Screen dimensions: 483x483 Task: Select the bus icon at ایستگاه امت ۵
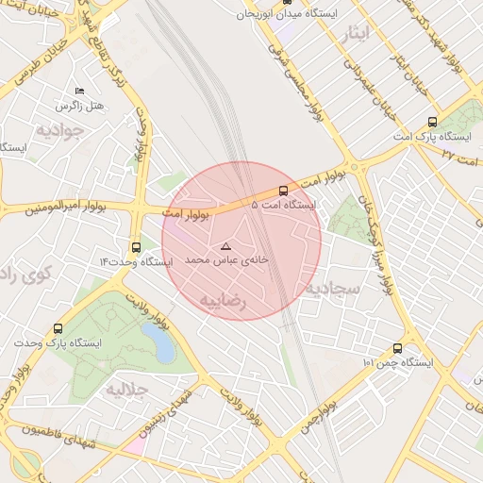click(284, 191)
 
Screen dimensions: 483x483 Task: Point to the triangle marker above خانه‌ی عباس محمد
click(225, 245)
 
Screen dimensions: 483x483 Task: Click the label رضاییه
click(223, 300)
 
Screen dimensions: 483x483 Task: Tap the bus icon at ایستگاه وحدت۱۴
click(137, 247)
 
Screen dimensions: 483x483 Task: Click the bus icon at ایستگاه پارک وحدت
click(58, 329)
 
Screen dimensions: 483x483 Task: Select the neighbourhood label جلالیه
click(126, 388)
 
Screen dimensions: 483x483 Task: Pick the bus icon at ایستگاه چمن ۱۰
click(397, 348)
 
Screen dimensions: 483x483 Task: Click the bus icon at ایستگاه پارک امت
click(432, 122)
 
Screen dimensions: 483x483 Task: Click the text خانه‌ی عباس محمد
click(226, 258)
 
